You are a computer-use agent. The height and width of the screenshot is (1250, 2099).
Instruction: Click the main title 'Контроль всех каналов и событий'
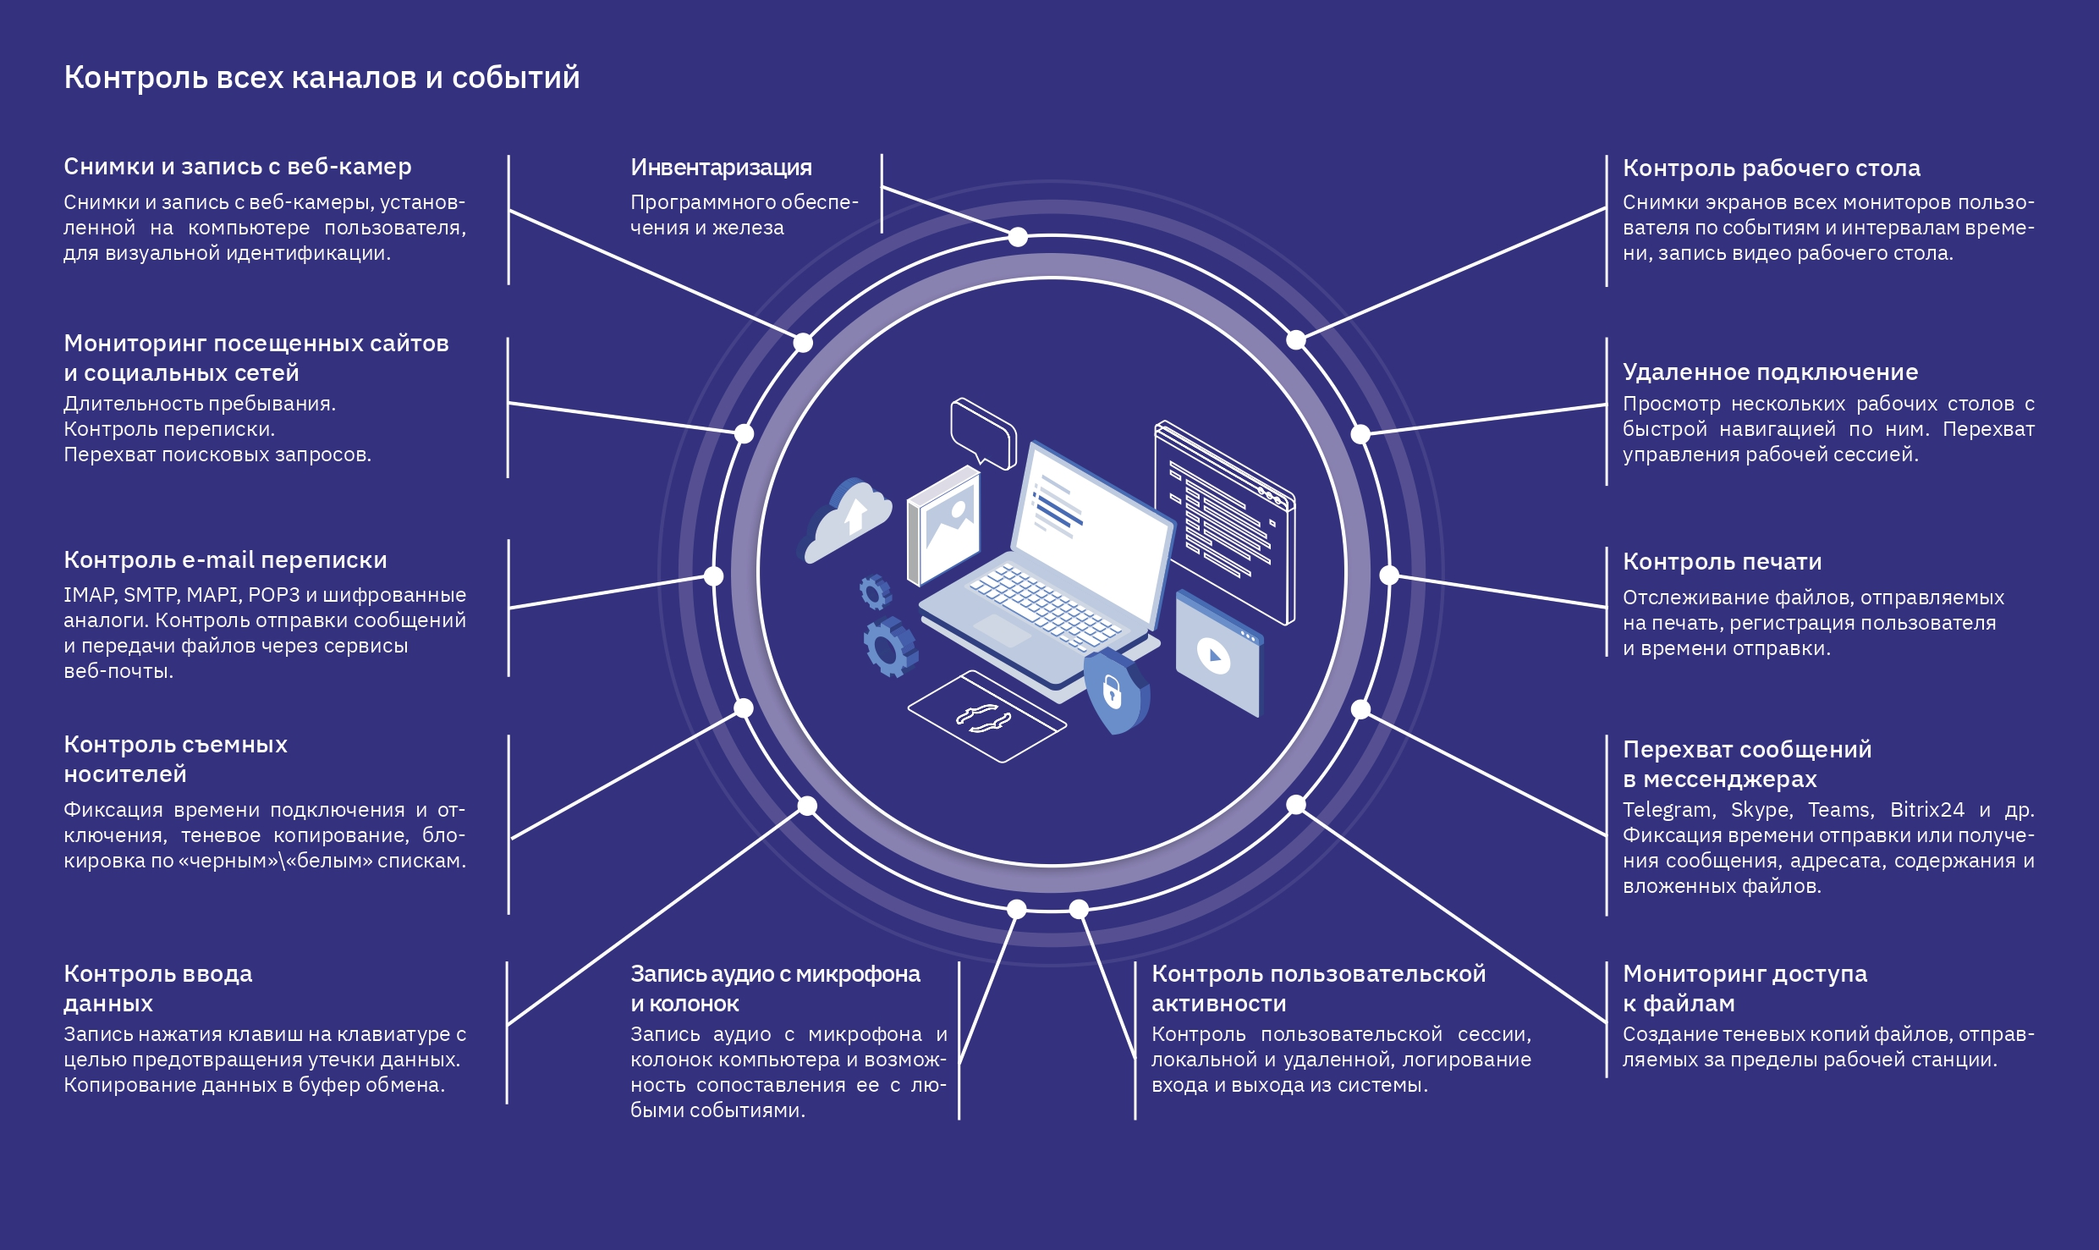321,78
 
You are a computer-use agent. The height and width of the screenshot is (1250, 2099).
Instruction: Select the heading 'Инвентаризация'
721,168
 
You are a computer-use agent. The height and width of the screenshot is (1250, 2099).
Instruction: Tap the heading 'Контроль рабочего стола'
1771,168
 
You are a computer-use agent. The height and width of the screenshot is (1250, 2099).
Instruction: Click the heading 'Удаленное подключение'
1770,372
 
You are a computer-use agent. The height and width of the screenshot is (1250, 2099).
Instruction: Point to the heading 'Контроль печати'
1722,562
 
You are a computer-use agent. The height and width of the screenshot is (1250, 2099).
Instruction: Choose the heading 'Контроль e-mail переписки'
225,560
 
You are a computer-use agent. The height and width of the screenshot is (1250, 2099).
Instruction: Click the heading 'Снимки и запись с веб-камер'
237,167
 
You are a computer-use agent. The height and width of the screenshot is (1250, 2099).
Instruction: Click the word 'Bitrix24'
1926,810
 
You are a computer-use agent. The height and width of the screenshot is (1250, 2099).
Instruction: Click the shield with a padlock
1113,691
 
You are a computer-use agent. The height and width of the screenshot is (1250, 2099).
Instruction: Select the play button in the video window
1214,656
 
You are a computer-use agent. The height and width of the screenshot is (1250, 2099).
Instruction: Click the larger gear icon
888,647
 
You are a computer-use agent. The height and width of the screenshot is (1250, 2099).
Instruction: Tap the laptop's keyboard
1045,605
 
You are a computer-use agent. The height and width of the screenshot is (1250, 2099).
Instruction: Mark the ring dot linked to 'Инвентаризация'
1018,237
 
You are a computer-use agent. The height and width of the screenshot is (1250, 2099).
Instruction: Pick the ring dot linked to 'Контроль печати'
1389,575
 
